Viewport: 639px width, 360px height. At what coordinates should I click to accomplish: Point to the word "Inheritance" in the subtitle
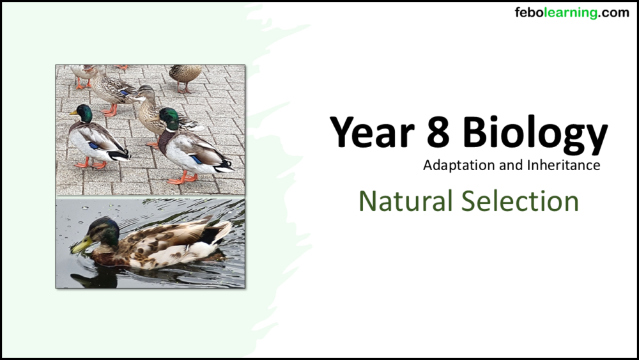pyautogui.click(x=564, y=166)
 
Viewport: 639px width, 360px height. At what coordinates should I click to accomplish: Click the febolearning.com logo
pyautogui.click(x=571, y=13)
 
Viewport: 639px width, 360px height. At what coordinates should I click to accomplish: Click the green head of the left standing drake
pyautogui.click(x=84, y=113)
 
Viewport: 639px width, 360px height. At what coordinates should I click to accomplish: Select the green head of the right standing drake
pyautogui.click(x=169, y=118)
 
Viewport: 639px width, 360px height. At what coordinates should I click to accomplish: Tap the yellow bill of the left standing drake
pyautogui.click(x=73, y=113)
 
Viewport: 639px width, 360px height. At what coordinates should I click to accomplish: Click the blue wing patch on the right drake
pyautogui.click(x=196, y=159)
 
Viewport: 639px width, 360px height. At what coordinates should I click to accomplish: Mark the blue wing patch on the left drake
pyautogui.click(x=93, y=145)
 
